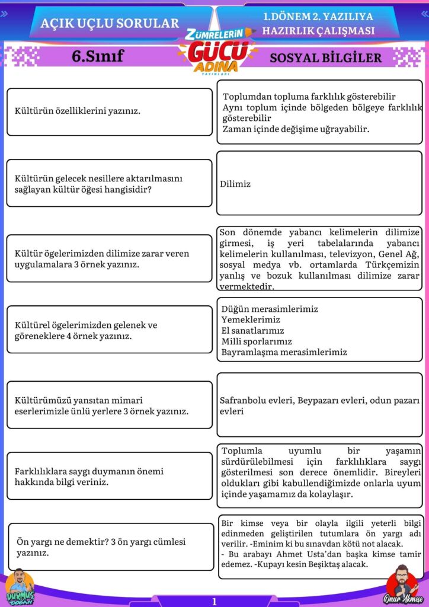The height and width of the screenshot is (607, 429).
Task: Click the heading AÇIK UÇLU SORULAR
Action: click(110, 23)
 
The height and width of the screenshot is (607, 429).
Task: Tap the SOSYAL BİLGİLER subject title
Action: click(326, 57)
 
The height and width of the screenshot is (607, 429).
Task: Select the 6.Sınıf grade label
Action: click(97, 56)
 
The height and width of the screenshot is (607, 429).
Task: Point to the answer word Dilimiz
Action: click(235, 184)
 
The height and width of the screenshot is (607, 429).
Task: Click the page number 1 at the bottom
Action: click(214, 601)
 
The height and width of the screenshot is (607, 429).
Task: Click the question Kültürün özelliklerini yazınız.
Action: click(78, 111)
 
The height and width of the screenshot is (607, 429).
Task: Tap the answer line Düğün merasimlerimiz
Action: click(270, 309)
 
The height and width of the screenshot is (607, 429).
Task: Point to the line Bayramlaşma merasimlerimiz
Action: click(284, 352)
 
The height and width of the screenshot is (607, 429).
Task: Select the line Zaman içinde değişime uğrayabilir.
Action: click(296, 129)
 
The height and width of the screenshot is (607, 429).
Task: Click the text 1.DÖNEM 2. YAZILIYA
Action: click(318, 18)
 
